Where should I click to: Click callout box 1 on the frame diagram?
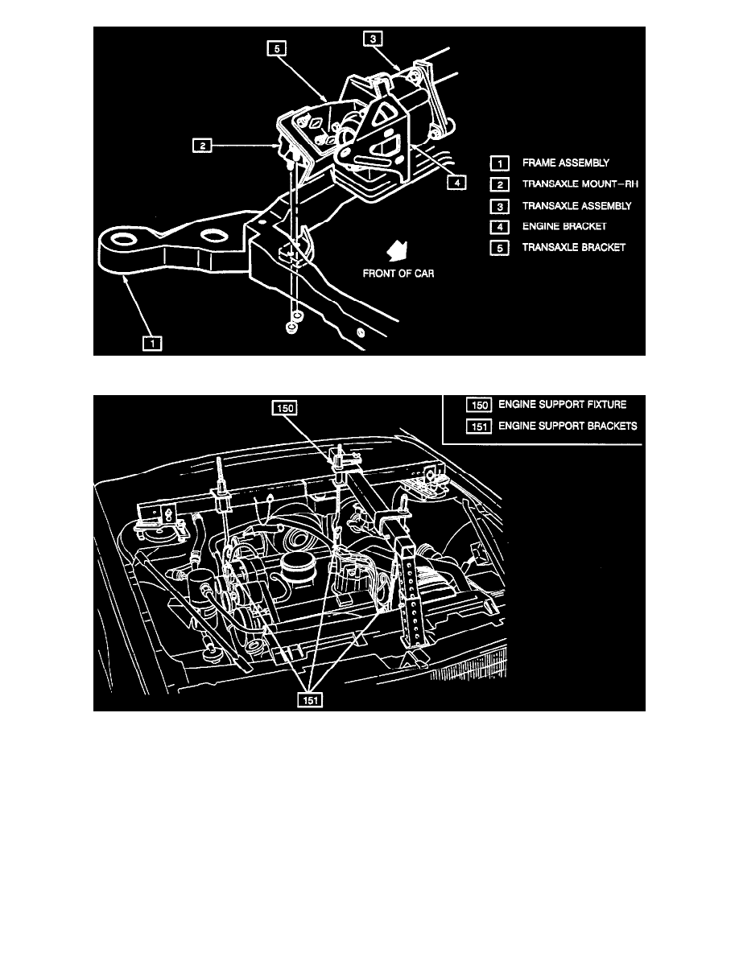tap(151, 344)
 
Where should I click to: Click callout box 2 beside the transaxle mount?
tap(202, 146)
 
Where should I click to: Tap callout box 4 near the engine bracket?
tap(456, 183)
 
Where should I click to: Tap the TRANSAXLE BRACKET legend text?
tap(573, 247)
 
